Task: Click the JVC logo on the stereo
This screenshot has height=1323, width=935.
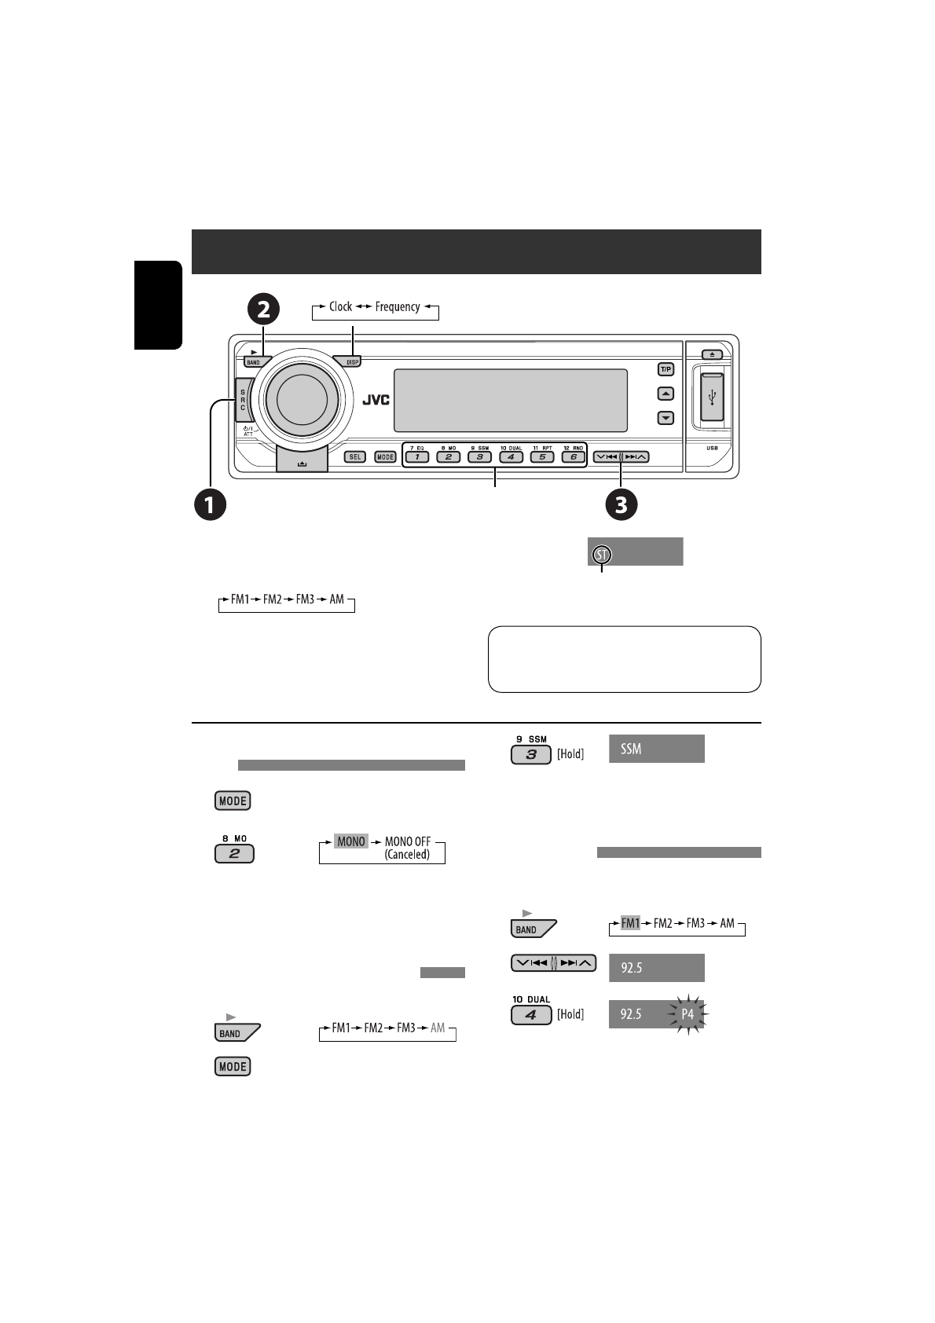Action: [376, 399]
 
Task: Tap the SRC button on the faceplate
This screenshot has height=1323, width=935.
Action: [243, 398]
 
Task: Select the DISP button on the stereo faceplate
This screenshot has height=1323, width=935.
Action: [350, 362]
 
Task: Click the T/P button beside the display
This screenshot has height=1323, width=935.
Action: [665, 369]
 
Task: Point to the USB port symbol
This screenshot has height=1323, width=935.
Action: [712, 398]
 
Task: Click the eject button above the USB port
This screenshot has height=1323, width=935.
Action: [711, 354]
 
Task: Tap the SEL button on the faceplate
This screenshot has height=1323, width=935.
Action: [355, 456]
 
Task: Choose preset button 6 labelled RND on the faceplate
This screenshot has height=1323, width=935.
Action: [573, 456]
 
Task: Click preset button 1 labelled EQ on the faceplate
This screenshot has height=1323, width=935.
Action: [416, 456]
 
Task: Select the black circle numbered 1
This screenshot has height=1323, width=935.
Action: [211, 504]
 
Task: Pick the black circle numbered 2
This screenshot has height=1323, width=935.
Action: [263, 309]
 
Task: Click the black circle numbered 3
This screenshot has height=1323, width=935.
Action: [621, 504]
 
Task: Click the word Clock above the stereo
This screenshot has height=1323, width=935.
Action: [340, 307]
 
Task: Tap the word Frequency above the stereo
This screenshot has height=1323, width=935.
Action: [397, 307]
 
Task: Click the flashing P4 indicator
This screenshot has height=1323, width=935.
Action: [687, 1014]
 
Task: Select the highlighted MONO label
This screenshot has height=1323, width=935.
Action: [350, 841]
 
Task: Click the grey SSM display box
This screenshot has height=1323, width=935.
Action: [656, 749]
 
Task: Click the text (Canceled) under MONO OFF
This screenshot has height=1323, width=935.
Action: [407, 854]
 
